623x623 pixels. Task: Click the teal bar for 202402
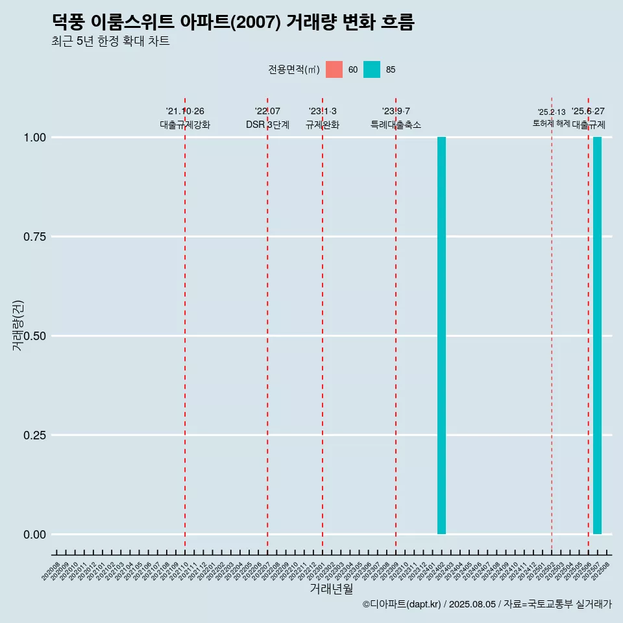click(x=441, y=336)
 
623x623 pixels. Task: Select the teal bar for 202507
click(x=597, y=336)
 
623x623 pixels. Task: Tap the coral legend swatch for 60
click(x=334, y=69)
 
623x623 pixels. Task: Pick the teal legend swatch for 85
click(x=372, y=69)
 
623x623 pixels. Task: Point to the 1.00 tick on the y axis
click(x=35, y=138)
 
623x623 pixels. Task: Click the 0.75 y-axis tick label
click(x=35, y=237)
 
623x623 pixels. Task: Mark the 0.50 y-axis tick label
click(x=35, y=336)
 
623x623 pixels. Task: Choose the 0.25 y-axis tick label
click(x=35, y=435)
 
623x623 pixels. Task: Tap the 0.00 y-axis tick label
click(x=35, y=535)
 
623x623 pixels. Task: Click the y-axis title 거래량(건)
click(x=18, y=325)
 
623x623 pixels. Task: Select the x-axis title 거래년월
click(x=331, y=589)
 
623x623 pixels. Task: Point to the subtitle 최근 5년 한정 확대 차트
click(x=110, y=42)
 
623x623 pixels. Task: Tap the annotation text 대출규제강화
click(x=185, y=125)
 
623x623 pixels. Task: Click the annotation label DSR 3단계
click(x=267, y=125)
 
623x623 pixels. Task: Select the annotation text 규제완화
click(x=323, y=125)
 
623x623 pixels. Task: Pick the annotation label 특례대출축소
click(x=396, y=125)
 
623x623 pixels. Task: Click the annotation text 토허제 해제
click(x=552, y=123)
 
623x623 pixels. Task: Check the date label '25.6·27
click(x=588, y=112)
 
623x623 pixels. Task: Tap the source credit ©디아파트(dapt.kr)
click(x=402, y=604)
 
